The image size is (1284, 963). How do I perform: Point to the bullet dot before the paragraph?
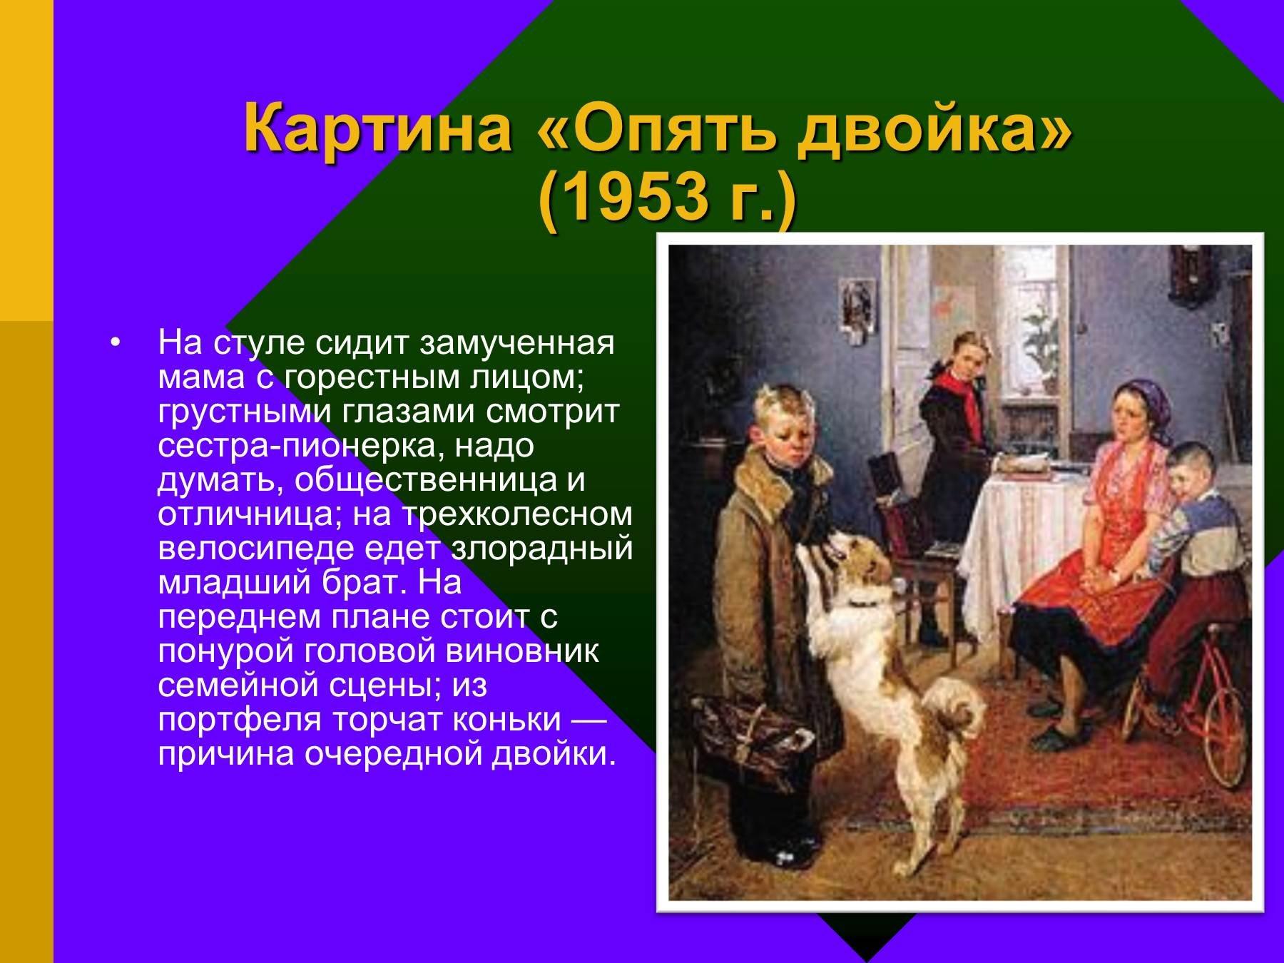(116, 344)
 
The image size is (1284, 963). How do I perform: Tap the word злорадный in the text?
(542, 549)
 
